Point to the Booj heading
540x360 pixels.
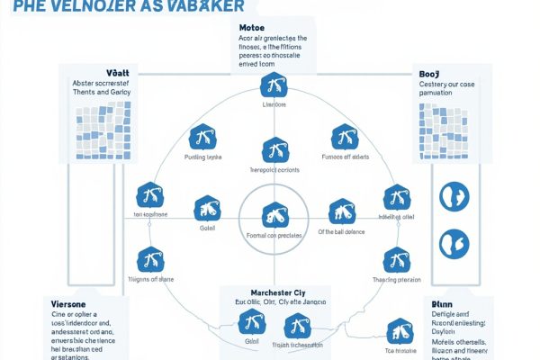click(x=429, y=74)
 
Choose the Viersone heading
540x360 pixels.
click(x=70, y=304)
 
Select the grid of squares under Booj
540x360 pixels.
click(x=443, y=127)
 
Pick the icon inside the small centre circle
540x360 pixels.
click(x=272, y=216)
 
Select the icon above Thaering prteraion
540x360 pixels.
click(x=397, y=260)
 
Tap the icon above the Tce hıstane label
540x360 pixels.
click(x=396, y=329)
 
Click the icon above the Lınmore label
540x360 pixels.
click(x=272, y=86)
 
